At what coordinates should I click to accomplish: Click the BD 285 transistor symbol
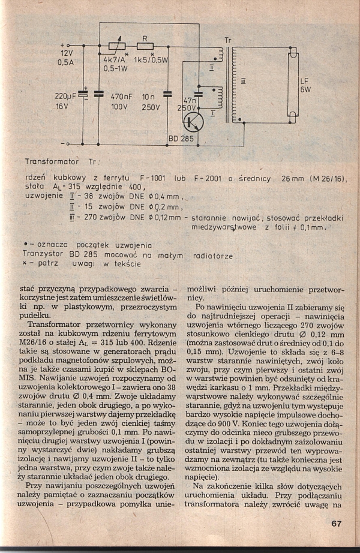[193, 122]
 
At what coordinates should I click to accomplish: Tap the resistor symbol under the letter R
[145, 46]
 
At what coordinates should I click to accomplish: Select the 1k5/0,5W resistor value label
[151, 60]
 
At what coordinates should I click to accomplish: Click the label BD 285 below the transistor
[180, 140]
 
